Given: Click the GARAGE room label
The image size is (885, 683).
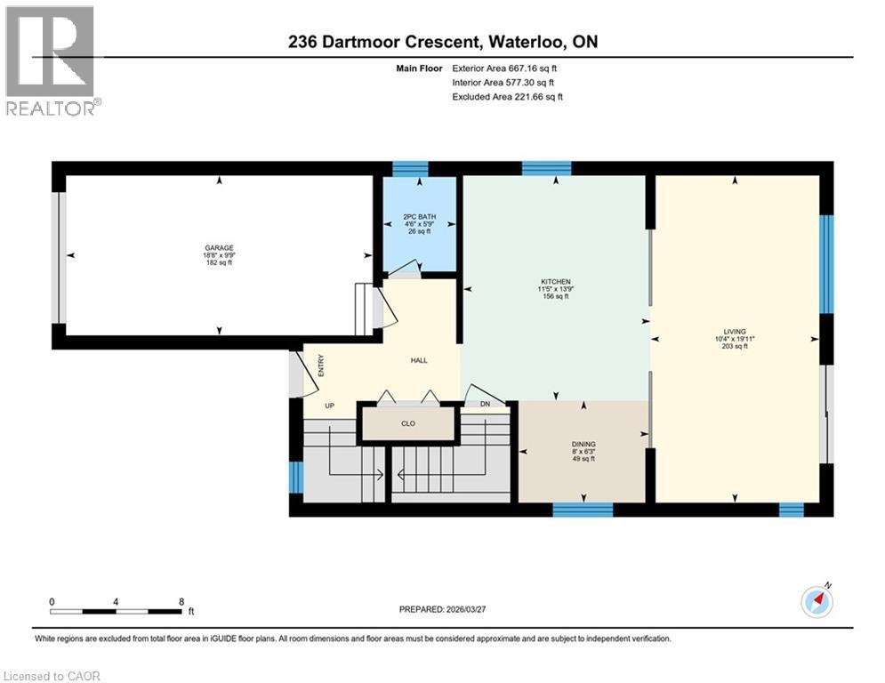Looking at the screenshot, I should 218,248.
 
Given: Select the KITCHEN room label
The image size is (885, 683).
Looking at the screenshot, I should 555,282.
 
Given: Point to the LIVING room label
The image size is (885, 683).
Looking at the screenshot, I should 735,331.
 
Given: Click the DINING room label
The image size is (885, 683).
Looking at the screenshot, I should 583,444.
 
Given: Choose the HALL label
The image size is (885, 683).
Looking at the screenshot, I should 419,360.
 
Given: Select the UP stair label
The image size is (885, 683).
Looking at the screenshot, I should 328,406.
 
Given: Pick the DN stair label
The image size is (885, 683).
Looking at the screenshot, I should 485,405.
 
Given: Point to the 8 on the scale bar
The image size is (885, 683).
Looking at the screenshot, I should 181,601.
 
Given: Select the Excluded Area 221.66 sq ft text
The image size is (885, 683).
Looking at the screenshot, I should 507,97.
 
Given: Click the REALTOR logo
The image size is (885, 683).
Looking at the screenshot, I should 52,60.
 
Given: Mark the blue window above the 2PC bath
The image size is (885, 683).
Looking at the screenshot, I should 410,169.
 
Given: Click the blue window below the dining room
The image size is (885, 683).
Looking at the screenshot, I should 583,510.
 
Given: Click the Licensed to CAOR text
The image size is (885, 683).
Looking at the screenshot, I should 52,676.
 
